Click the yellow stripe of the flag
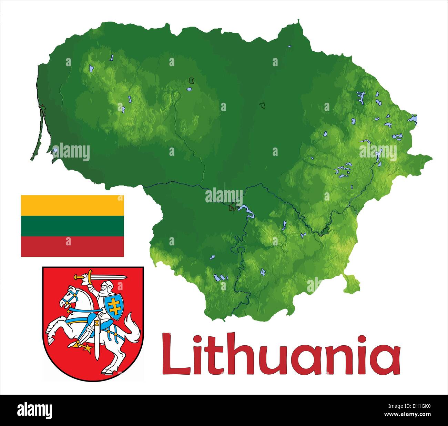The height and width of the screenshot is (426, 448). (72, 205)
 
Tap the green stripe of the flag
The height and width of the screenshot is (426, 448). (72, 226)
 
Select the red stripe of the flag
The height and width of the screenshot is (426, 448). (72, 246)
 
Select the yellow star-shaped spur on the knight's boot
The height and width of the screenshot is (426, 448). (88, 348)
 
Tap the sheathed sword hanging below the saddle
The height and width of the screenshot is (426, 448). (97, 341)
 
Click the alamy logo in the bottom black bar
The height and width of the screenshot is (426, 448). (35, 410)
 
